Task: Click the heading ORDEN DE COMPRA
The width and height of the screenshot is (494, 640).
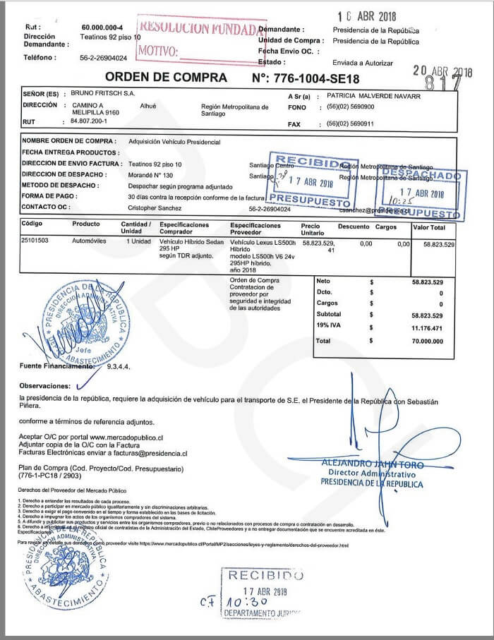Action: (166, 78)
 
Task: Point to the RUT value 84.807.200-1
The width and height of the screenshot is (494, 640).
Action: (90, 122)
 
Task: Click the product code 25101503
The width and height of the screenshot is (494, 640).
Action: (36, 241)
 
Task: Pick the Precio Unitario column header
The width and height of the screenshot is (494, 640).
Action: (312, 229)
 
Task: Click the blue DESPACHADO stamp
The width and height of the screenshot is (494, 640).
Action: (421, 175)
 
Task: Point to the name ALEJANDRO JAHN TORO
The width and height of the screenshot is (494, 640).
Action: (372, 465)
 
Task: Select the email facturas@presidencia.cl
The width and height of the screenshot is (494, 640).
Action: (140, 454)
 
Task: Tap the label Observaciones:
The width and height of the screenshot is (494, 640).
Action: (45, 386)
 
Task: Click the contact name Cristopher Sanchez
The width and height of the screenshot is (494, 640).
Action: (155, 209)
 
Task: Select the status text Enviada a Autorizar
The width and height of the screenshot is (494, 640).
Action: (363, 63)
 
